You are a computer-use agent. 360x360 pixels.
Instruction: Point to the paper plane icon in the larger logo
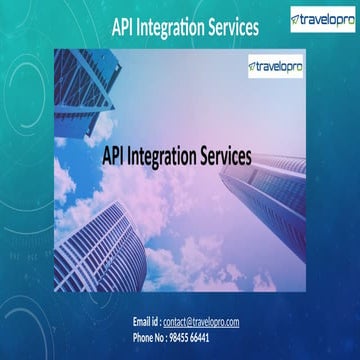pos(297,19)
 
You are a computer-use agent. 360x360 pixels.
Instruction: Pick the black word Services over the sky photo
pos(231,156)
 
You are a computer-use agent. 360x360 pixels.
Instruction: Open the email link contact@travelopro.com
pos(201,321)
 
